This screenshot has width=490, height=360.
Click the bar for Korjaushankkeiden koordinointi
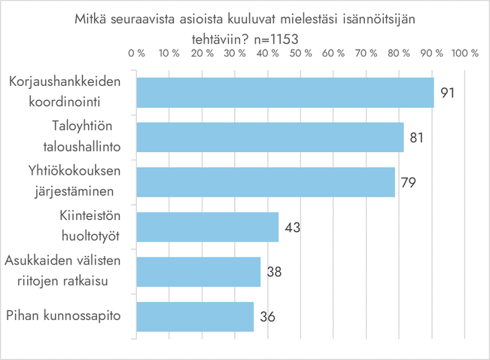click(285, 93)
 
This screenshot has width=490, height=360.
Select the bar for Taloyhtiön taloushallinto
click(269, 137)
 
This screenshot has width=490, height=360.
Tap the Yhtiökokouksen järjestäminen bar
click(265, 182)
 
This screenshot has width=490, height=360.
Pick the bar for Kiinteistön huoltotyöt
click(207, 227)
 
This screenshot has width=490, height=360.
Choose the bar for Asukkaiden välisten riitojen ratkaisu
click(198, 271)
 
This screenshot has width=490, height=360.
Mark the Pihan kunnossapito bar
click(194, 316)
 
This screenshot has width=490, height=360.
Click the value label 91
click(449, 93)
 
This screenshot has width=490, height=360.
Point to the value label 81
click(418, 138)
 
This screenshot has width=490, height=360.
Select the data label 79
click(409, 182)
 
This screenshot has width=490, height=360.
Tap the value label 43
click(293, 227)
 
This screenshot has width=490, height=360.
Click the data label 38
click(274, 271)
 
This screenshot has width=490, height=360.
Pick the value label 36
click(268, 316)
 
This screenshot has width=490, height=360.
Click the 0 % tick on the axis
click(136, 53)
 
